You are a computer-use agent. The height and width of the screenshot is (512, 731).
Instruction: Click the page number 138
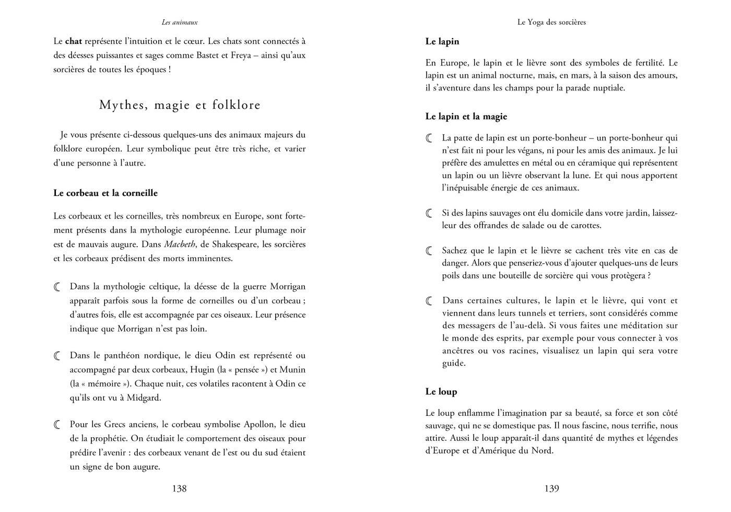point(179,488)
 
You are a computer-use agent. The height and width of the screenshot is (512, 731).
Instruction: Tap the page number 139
point(551,488)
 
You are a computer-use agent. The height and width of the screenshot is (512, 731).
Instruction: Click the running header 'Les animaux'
point(180,22)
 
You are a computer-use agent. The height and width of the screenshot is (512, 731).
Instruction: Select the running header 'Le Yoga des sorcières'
point(551,22)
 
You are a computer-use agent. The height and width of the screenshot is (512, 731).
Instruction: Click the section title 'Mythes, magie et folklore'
point(180,105)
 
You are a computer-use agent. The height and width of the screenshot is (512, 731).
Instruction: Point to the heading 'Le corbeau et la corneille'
point(105,193)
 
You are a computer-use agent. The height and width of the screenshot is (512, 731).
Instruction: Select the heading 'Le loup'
point(441,391)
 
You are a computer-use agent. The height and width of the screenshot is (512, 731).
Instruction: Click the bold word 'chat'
point(74,41)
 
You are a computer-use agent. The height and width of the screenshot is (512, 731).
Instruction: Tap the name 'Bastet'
point(210,55)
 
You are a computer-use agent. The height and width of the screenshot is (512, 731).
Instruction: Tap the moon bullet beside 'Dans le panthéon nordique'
point(57,356)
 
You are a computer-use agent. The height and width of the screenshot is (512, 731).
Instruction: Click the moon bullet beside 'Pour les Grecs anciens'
point(57,425)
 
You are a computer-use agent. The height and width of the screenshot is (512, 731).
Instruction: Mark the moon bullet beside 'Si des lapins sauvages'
point(430,213)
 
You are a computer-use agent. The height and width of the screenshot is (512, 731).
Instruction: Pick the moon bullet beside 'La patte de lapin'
point(430,138)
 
